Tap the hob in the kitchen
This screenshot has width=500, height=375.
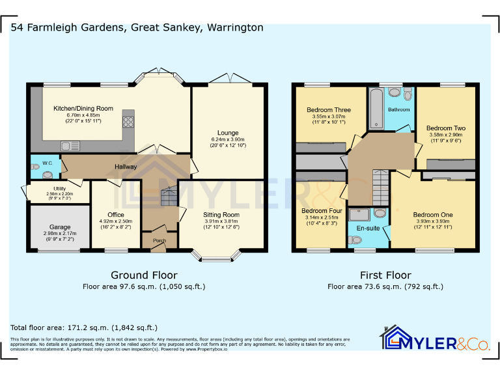128,122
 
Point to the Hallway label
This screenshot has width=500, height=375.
126,167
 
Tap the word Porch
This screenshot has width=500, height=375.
159,240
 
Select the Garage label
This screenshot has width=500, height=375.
60,227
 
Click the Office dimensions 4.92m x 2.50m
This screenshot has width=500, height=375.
116,221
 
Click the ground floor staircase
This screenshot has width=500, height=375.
169,195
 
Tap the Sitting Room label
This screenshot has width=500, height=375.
221,215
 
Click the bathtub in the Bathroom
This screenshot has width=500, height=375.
376,109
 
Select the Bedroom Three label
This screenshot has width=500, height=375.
328,110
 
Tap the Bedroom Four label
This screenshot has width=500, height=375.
322,211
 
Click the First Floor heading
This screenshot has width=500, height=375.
385,275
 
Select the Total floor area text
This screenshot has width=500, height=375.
84,327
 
